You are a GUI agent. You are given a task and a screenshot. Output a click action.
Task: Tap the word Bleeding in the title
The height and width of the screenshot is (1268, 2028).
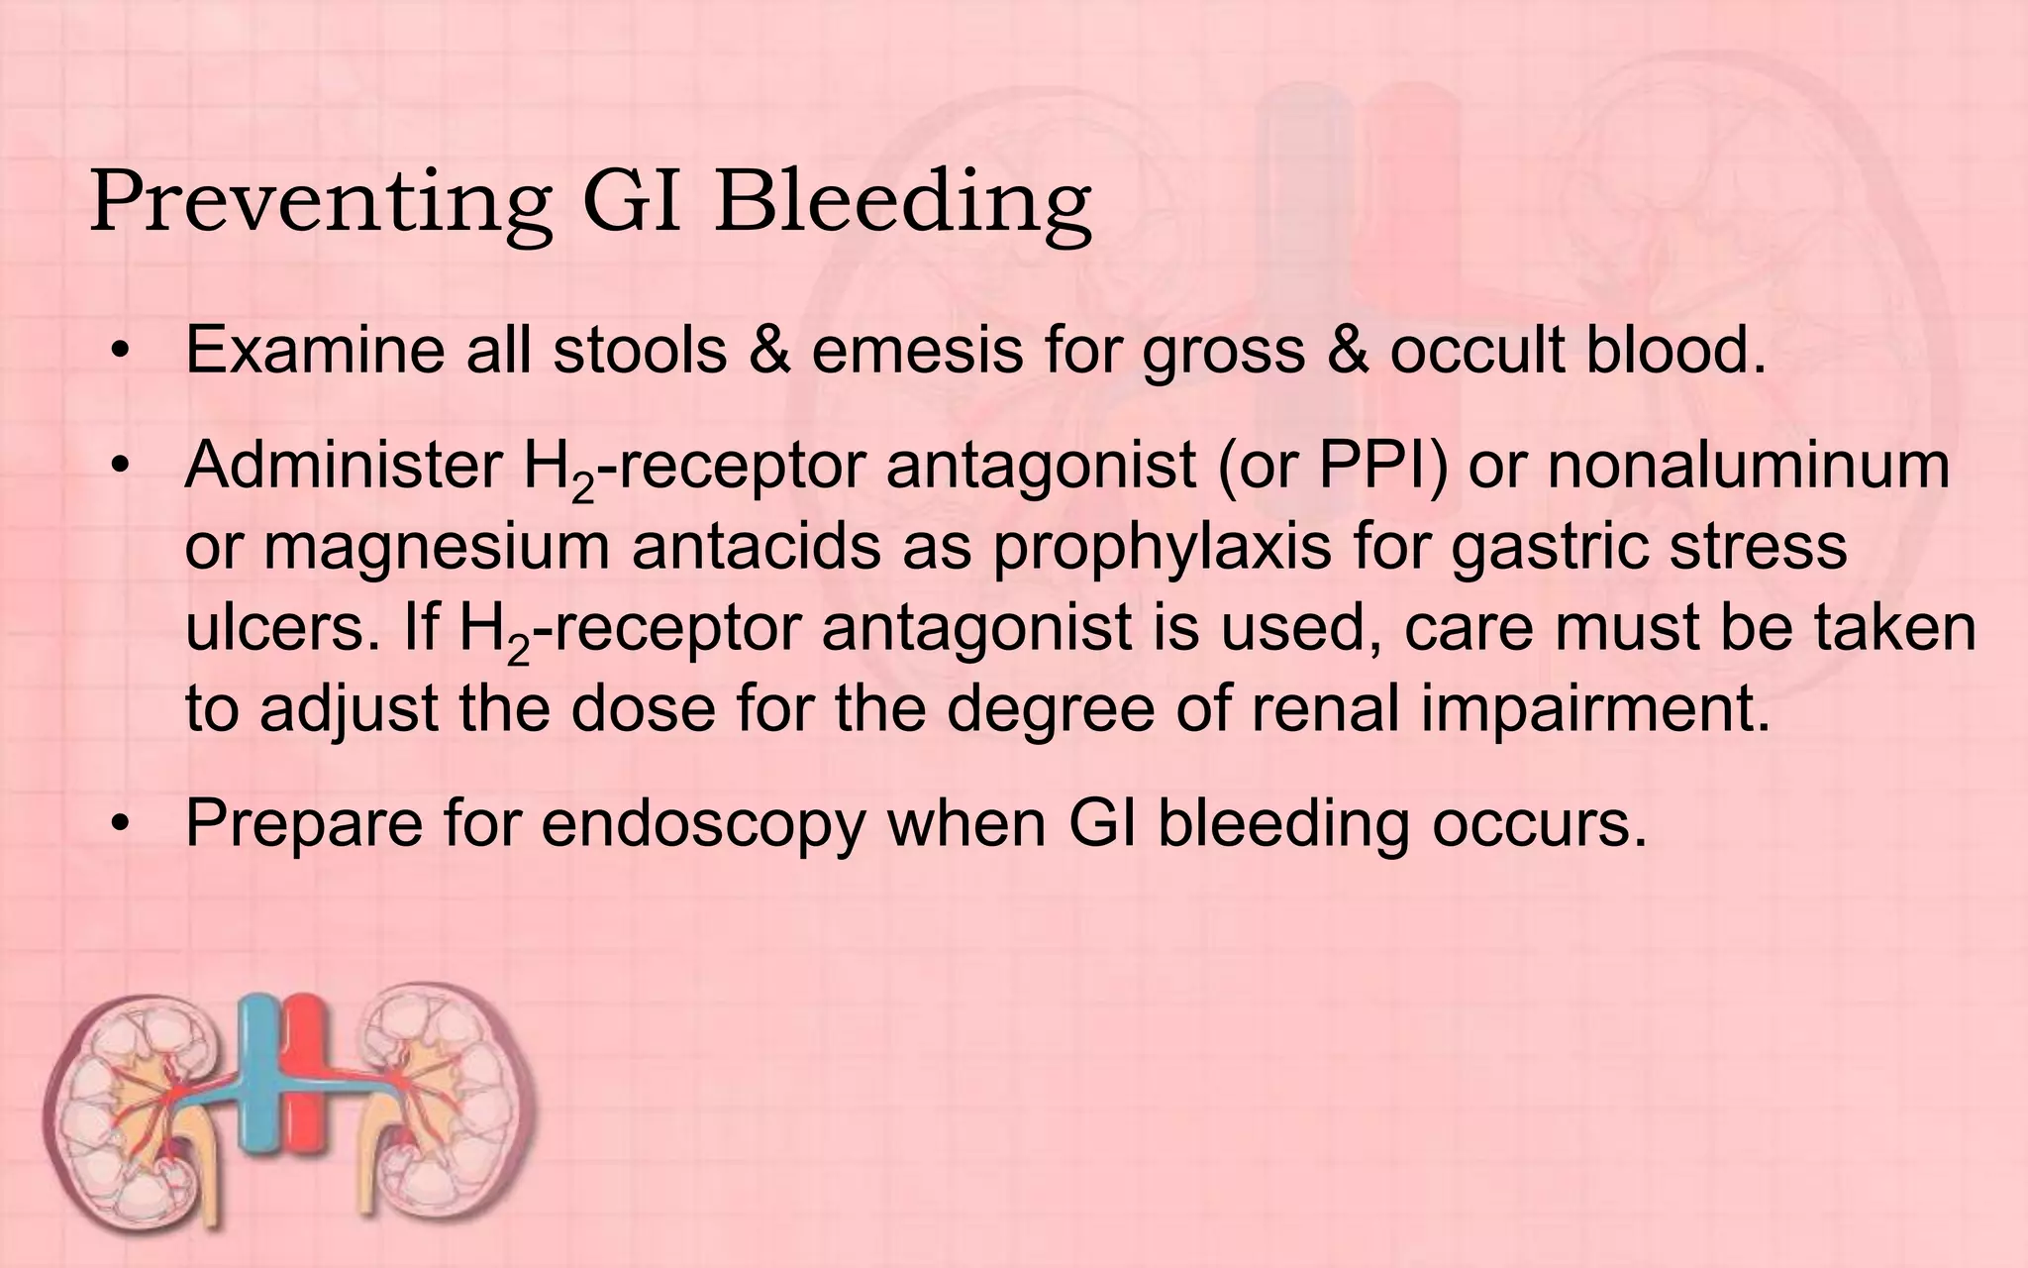pos(901,203)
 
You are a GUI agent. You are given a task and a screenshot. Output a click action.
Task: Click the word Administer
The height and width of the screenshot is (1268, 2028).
pos(343,466)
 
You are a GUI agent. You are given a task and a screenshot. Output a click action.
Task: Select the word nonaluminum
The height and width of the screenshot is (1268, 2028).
pos(1748,466)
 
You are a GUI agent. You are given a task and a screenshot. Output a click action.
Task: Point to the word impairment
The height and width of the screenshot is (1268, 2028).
pos(1595,709)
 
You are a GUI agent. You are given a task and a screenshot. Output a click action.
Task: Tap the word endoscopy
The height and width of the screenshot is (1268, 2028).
pos(703,823)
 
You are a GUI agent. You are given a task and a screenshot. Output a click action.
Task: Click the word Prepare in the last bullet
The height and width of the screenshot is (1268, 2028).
pos(303,823)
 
